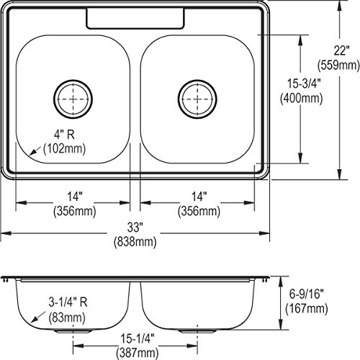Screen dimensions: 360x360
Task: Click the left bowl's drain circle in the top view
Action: pyautogui.click(x=73, y=80)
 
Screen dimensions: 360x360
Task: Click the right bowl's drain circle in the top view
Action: pyautogui.click(x=197, y=80)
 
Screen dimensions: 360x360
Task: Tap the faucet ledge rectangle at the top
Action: pyautogui.click(x=135, y=29)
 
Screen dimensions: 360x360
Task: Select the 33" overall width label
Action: pyautogui.click(x=135, y=228)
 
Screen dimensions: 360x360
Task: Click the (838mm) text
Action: pyautogui.click(x=135, y=241)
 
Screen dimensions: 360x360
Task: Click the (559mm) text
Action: pyautogui.click(x=338, y=65)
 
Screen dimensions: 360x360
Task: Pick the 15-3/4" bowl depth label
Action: pyautogui.click(x=304, y=84)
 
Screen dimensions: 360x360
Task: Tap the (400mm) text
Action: pyautogui.click(x=302, y=98)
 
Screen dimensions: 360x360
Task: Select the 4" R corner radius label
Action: pyautogui.click(x=64, y=135)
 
